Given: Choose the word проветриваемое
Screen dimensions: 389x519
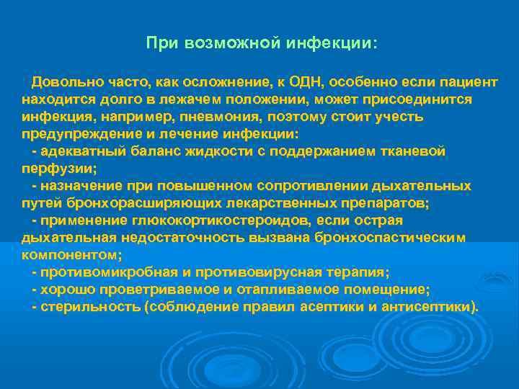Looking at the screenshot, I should (151, 290).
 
